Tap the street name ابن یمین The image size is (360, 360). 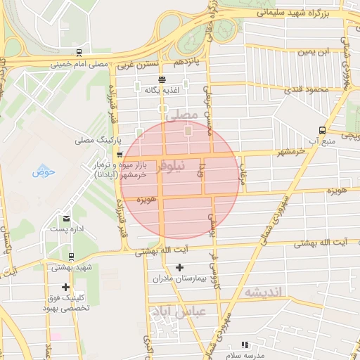pyautogui.click(x=314, y=52)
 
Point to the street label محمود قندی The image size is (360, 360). pyautogui.click(x=307, y=90)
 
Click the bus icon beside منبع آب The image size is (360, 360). pyautogui.click(x=322, y=130)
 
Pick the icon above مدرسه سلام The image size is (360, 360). pyautogui.click(x=245, y=345)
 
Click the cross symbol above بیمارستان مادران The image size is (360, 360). pyautogui.click(x=179, y=267)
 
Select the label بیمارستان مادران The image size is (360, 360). pyautogui.click(x=179, y=278)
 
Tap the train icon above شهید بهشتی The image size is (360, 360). pyautogui.click(x=72, y=257)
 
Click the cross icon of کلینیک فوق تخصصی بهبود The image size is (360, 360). pyautogui.click(x=65, y=287)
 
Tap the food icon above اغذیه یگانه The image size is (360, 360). pyautogui.click(x=162, y=79)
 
